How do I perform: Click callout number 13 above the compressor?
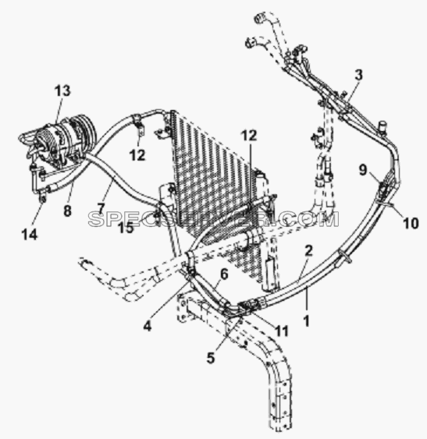62,90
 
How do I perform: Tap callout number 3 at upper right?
358,75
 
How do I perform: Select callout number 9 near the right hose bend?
363,170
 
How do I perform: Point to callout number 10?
411,223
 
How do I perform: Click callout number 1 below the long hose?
307,320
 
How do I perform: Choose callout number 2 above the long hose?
308,251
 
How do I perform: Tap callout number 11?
282,331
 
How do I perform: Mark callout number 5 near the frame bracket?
211,358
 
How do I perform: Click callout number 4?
148,326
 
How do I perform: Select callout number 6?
224,274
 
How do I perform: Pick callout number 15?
126,228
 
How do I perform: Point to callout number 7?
101,208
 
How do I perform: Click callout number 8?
68,211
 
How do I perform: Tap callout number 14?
30,235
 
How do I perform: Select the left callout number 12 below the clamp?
137,155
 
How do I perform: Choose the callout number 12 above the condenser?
249,136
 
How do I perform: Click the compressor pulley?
84,129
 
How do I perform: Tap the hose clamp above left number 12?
137,119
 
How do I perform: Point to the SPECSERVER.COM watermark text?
214,219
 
